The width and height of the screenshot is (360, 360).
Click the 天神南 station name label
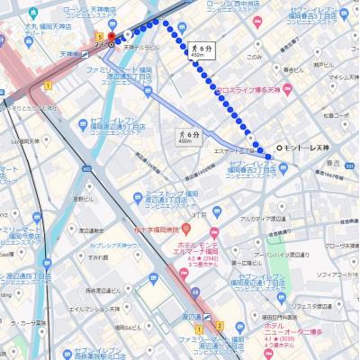pos(67,54)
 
